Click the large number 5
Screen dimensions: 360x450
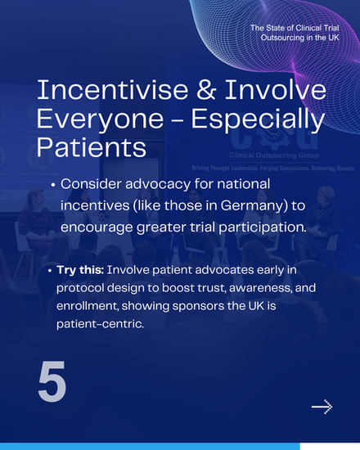pos(52,381)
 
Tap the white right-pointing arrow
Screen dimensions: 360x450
pos(322,407)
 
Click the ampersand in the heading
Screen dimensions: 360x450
pos(205,89)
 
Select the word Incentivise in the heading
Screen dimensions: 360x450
pos(112,89)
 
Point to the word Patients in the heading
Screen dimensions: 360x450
pos(92,147)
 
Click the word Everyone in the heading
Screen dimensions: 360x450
pos(100,119)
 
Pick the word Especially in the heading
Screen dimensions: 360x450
pos(258,119)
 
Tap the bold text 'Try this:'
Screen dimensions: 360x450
pos(80,270)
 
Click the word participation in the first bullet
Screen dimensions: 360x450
pos(262,227)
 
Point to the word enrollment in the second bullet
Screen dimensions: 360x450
pos(88,306)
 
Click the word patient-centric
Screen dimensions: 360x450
pos(100,324)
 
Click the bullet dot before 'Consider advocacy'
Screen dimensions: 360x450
pos(52,185)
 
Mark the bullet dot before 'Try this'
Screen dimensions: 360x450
pos(50,271)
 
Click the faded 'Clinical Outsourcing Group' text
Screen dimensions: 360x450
pos(274,155)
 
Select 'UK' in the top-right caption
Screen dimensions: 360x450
pos(333,38)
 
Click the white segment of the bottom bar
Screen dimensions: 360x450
pos(330,447)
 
